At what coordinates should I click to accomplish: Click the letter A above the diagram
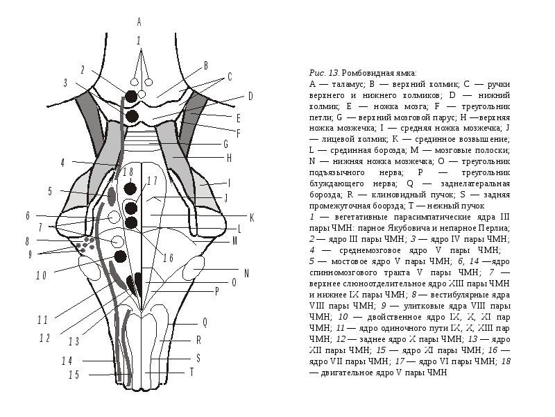[x=139, y=21]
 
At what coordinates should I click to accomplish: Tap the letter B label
[x=205, y=65]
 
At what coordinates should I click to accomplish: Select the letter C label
[x=230, y=77]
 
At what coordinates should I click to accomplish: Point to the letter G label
[x=225, y=144]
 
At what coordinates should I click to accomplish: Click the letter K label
[x=252, y=218]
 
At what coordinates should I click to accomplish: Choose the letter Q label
[x=205, y=322]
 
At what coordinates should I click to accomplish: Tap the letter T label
[x=192, y=373]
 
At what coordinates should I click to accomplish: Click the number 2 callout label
[x=83, y=69]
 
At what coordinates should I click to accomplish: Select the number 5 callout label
[x=50, y=191]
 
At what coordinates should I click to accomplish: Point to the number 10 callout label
[x=41, y=275]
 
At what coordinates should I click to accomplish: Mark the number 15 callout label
[x=73, y=375]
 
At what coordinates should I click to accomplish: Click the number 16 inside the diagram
[x=168, y=258]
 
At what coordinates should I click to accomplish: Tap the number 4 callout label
[x=62, y=163]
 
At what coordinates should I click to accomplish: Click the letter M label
[x=235, y=242]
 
